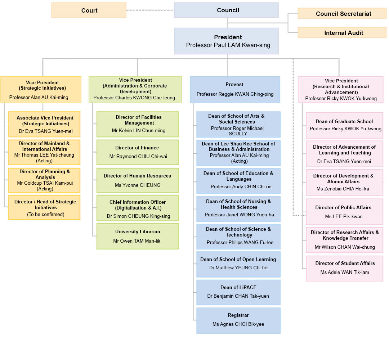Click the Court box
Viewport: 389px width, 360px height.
click(89, 10)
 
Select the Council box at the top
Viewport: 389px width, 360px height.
click(226, 10)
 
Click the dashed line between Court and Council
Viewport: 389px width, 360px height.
click(150, 10)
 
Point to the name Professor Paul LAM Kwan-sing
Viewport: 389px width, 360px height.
click(228, 45)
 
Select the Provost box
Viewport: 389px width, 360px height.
click(235, 89)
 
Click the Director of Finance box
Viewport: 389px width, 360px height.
click(137, 152)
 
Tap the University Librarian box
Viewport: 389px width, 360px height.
click(137, 236)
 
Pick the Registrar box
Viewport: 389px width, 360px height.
click(238, 320)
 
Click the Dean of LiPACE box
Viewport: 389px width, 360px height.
click(238, 292)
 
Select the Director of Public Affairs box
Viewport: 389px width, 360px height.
click(344, 212)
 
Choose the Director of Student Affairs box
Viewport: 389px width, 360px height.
click(344, 268)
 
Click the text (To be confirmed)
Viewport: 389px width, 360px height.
click(46, 215)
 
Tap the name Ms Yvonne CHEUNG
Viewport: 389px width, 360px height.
click(137, 185)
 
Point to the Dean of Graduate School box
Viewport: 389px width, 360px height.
click(344, 125)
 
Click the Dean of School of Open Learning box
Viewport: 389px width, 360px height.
click(238, 264)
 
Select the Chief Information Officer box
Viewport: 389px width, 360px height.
click(137, 208)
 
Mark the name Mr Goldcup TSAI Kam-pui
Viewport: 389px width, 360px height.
click(45, 183)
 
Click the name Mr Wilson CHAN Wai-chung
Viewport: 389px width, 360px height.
click(345, 247)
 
